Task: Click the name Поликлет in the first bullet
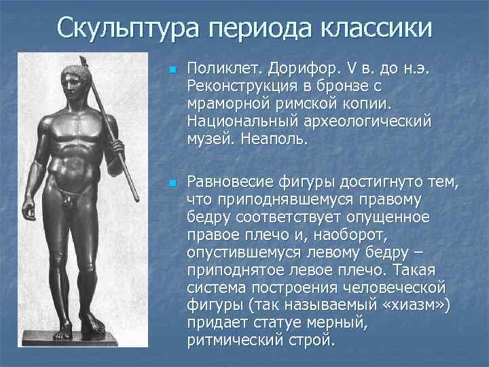(x=225, y=69)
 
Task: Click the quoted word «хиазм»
(x=414, y=307)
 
